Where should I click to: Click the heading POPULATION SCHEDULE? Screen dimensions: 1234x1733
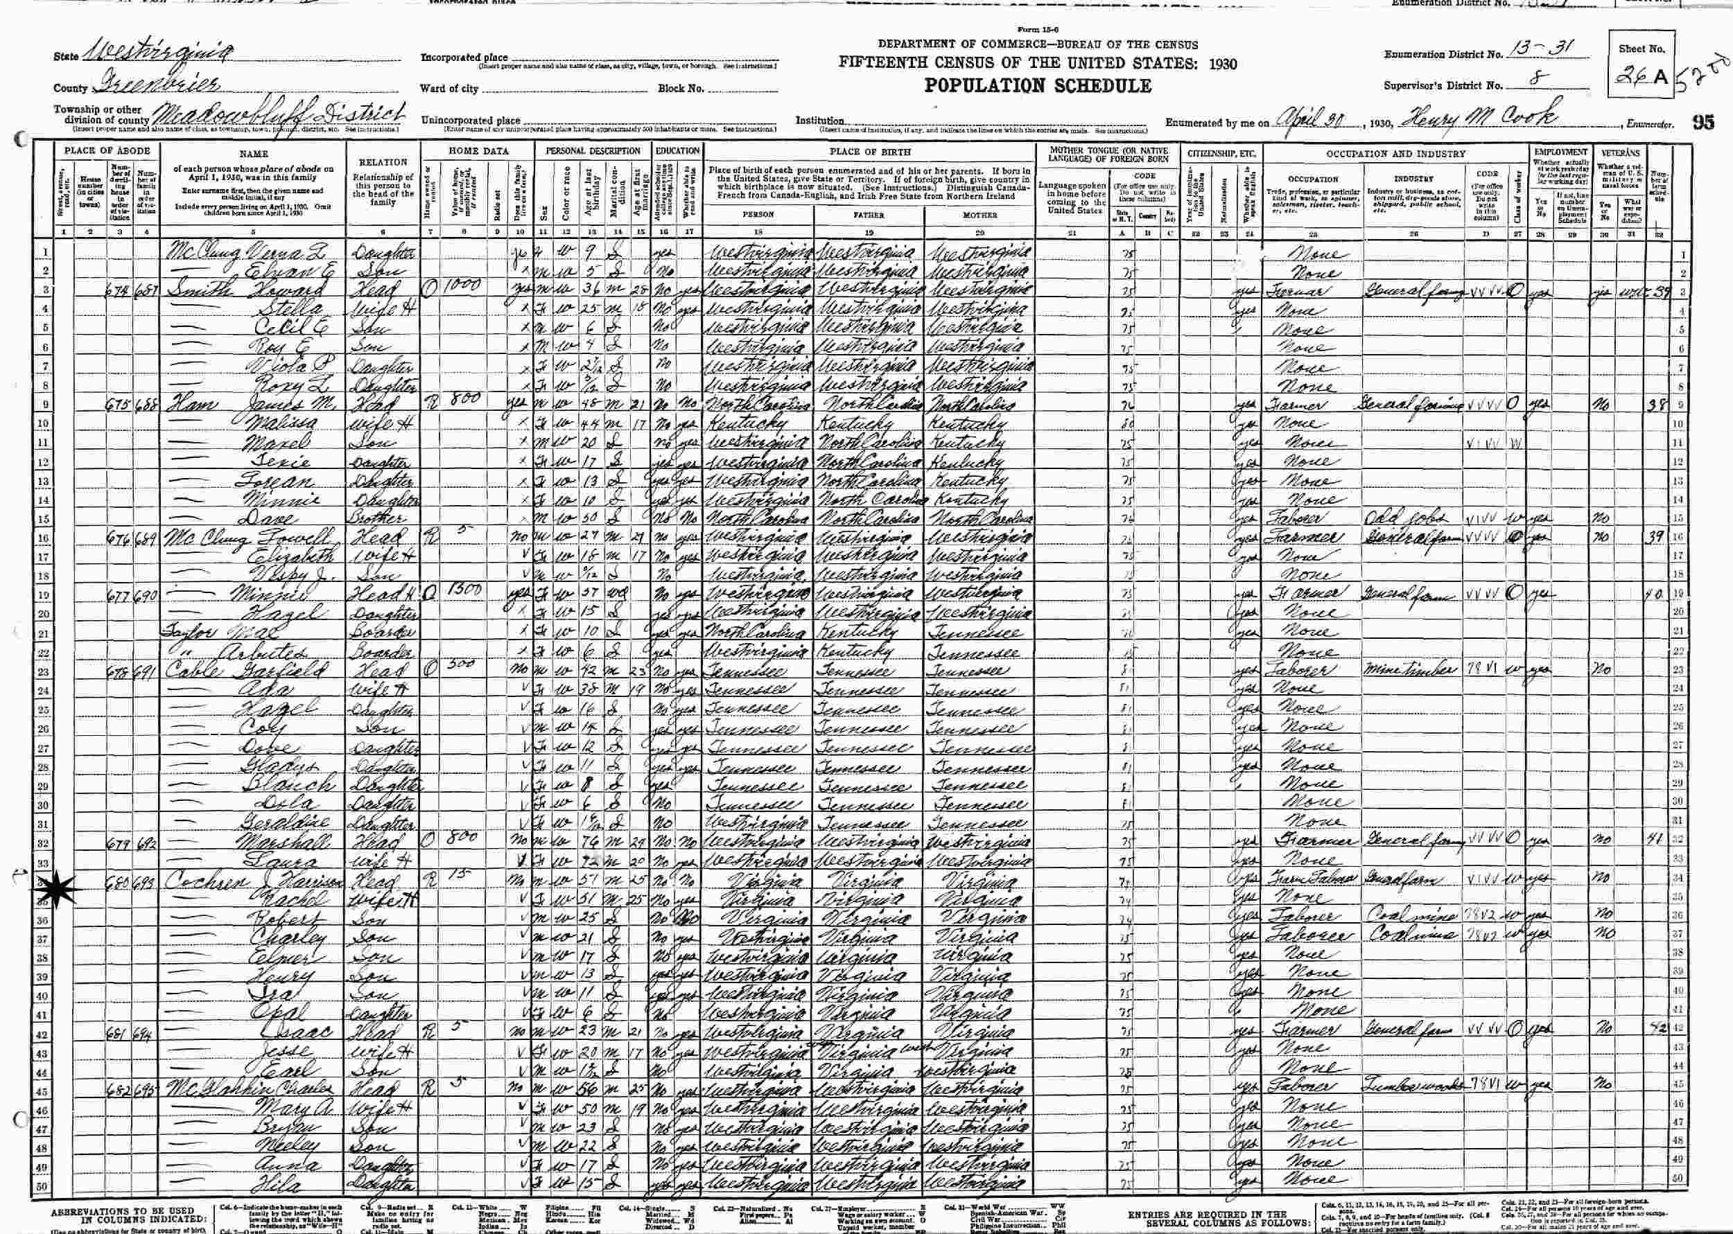click(x=1038, y=86)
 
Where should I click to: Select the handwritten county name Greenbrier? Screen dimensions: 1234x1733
click(x=159, y=84)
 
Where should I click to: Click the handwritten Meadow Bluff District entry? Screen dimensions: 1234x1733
click(x=277, y=116)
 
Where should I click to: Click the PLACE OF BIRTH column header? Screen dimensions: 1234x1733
click(x=869, y=152)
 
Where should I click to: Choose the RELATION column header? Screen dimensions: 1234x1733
click(x=383, y=162)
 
